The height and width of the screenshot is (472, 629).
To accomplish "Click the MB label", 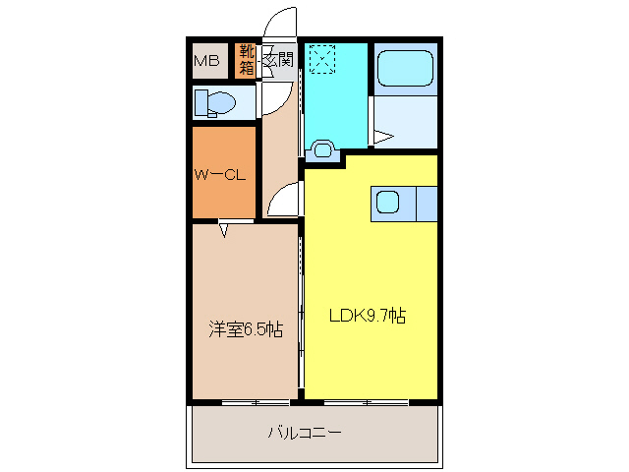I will pos(206,62).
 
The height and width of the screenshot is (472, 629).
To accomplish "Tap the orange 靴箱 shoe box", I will pos(245,60).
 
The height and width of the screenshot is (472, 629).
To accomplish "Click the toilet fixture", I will pos(217,101).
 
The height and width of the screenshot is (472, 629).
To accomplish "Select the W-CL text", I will pos(217,176).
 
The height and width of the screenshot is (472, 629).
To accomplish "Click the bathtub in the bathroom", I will pos(405,68).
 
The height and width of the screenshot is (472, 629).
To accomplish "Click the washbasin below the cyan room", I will pos(321,151).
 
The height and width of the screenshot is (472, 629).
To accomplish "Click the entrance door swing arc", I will pos(280,22).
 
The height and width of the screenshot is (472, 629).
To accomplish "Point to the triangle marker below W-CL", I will pos(224,231).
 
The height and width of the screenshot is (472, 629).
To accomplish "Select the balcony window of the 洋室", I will pos(242,402).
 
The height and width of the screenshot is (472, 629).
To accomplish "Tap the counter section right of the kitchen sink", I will pos(426,204).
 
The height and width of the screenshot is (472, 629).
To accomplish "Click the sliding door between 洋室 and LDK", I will pos(301,315).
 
